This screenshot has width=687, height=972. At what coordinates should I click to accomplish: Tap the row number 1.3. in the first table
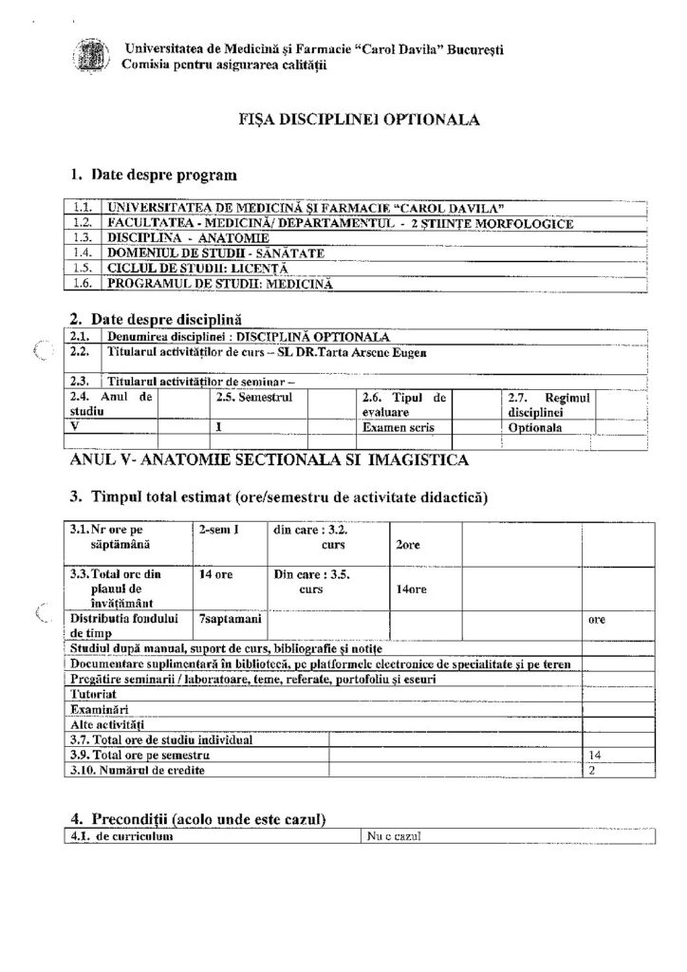[x=82, y=236]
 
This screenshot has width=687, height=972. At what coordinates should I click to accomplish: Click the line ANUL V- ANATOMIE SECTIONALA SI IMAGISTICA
[x=269, y=460]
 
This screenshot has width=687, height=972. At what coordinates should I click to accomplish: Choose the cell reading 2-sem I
[x=218, y=530]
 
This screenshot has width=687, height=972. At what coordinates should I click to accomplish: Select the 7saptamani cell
[x=225, y=619]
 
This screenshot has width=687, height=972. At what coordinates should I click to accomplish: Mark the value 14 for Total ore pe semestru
[x=597, y=755]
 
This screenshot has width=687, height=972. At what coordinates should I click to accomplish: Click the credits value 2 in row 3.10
[x=593, y=770]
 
